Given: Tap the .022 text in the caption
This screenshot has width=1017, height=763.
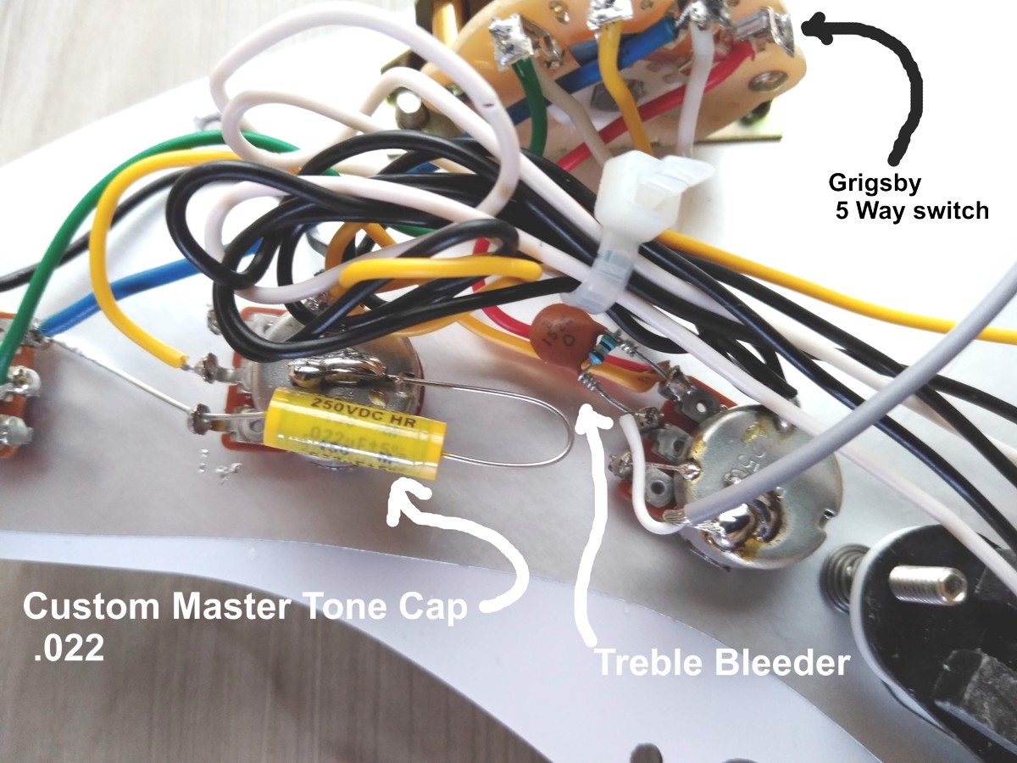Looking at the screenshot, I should pos(64,649).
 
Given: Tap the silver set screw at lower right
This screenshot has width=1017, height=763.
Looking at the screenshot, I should pos(940,584).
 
